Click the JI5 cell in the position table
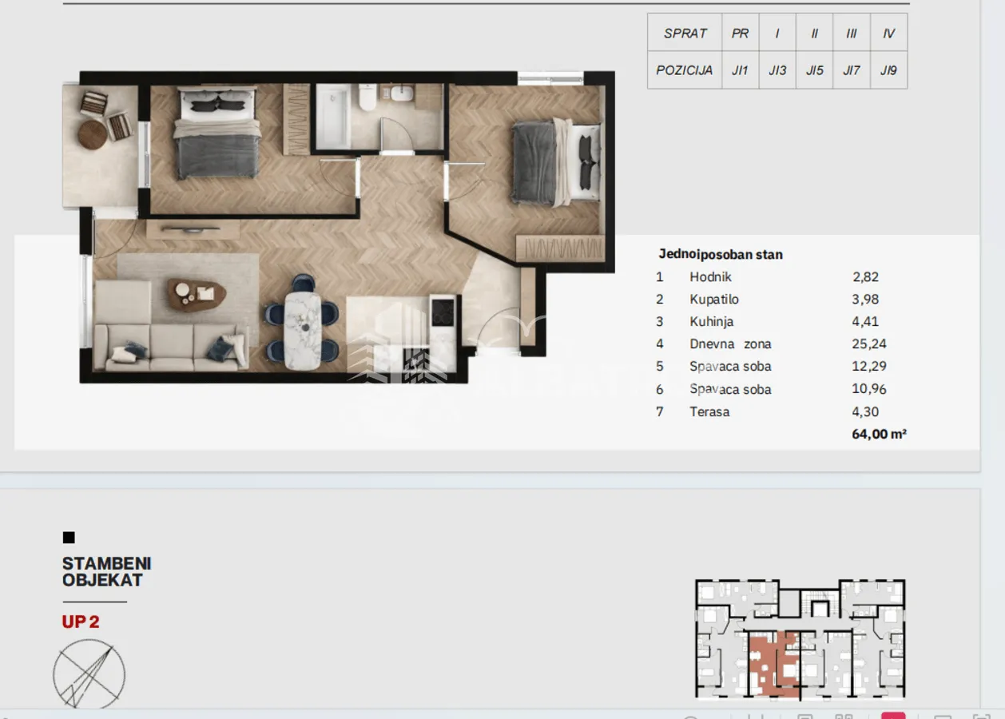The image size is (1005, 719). coord(814,70)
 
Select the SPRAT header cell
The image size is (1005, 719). coord(685,33)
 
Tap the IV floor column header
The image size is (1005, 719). coord(889,33)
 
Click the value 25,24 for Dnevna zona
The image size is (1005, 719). coord(869,344)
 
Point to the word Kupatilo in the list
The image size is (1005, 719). coord(714,299)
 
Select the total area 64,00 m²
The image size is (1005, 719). coord(879,434)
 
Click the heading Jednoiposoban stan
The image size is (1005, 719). coord(721,254)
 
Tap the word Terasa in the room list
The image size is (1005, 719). coord(709,411)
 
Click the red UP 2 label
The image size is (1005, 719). coord(81,622)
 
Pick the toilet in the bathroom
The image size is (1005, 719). coord(367,97)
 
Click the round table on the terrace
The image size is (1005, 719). coord(93,134)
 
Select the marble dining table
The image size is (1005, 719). coord(303,331)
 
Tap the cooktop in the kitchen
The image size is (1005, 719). coord(443,312)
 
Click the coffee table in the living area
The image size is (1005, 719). coord(197,294)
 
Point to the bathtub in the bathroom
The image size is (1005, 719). coord(333,116)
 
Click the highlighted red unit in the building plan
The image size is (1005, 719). coord(773,664)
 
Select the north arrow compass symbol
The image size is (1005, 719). coord(89,674)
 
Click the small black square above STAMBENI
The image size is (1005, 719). coord(69,538)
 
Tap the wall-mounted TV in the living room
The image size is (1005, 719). coord(191,229)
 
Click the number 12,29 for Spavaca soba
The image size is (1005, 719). coord(869,366)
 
